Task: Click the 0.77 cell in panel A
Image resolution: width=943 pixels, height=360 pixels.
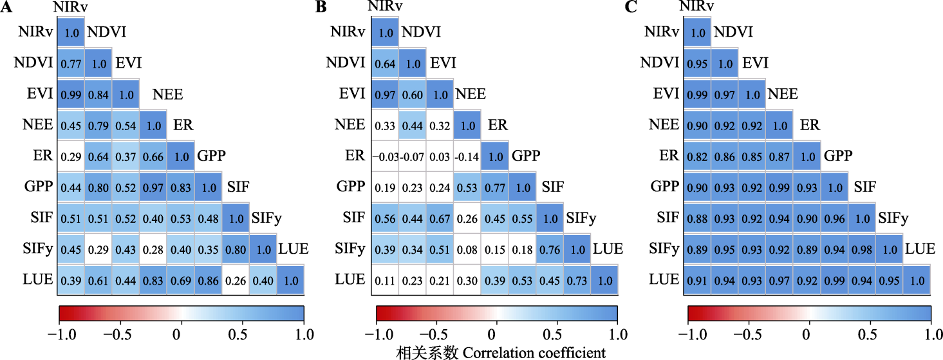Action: [x=71, y=64]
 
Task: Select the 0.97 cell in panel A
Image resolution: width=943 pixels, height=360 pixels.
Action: [x=153, y=187]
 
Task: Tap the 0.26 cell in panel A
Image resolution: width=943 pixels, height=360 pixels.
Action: [x=236, y=281]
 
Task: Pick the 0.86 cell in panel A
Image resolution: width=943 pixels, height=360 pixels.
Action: [x=208, y=281]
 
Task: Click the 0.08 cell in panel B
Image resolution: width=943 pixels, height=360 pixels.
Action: [x=467, y=250]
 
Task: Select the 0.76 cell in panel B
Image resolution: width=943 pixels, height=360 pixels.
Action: [x=549, y=250]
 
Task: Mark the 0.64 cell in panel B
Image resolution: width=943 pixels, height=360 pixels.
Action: [x=384, y=64]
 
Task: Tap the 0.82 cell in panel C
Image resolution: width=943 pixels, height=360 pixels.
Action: [x=697, y=156]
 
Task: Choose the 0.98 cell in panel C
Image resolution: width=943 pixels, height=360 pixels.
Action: [x=861, y=249]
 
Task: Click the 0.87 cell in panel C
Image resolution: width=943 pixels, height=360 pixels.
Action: [x=780, y=156]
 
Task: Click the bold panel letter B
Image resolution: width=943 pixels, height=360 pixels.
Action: [x=319, y=8]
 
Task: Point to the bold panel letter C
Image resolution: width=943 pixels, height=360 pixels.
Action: [x=631, y=8]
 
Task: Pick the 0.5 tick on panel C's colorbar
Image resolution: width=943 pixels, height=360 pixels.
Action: [x=868, y=335]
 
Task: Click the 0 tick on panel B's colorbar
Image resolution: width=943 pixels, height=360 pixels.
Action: [x=492, y=335]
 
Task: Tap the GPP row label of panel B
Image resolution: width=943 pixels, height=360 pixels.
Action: [x=350, y=187]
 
